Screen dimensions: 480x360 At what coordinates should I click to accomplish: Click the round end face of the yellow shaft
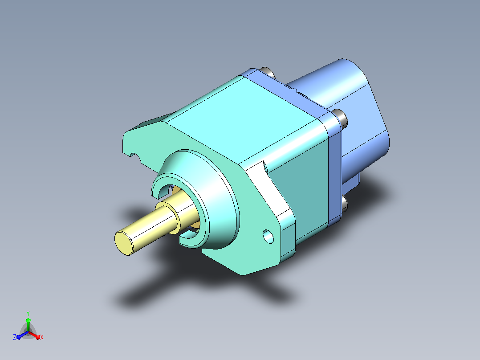pyautogui.click(x=124, y=243)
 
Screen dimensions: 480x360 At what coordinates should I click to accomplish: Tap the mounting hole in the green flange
pyautogui.click(x=268, y=237)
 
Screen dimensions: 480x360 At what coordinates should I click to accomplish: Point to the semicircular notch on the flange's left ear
pyautogui.click(x=134, y=157)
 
